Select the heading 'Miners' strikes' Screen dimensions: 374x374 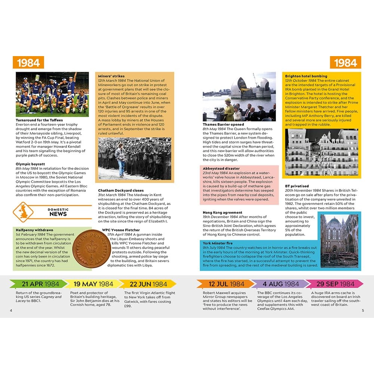[111, 76]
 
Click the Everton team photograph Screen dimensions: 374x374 [52, 94]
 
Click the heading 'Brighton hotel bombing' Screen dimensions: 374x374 [306, 76]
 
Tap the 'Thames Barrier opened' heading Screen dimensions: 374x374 [223, 125]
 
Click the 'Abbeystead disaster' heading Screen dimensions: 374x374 [221, 169]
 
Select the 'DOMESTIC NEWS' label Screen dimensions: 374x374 [58, 212]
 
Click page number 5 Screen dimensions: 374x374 [363, 310]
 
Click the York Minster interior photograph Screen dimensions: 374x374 [339, 240]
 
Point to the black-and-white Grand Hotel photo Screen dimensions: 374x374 [321, 152]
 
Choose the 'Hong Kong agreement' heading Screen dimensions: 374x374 [223, 212]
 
